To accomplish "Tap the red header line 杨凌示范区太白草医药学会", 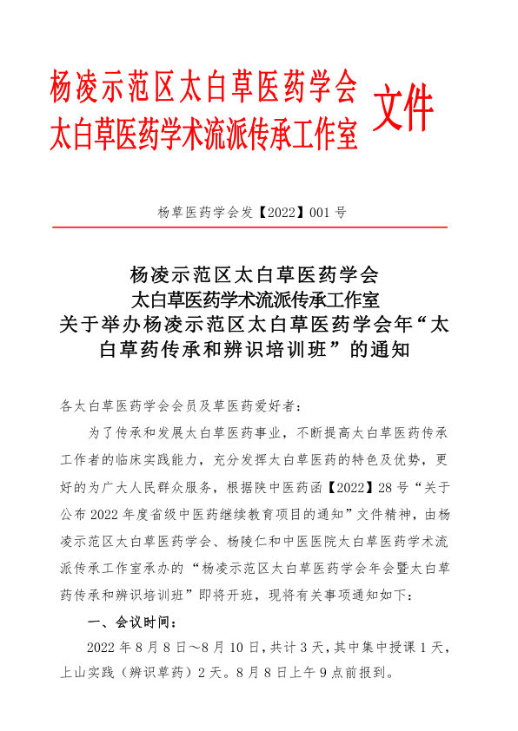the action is (203, 87).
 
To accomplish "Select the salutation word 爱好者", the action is (277, 405).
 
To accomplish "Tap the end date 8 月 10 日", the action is (228, 648).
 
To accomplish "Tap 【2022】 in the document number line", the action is (260, 212).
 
